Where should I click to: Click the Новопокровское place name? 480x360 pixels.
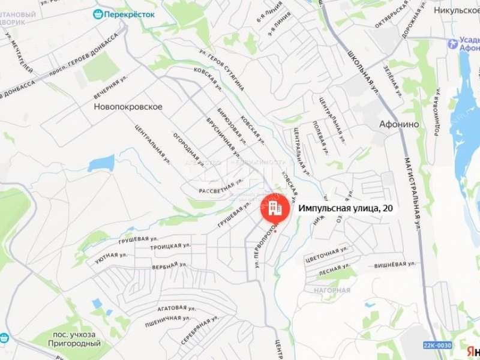click(x=128, y=106)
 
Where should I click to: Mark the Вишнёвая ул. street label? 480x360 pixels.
click(x=395, y=264)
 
